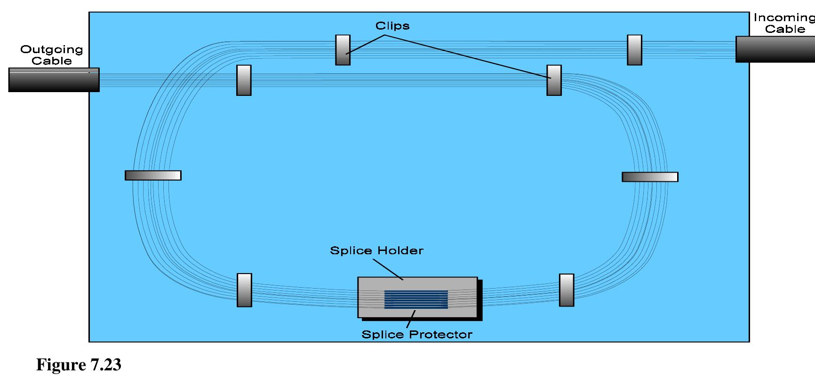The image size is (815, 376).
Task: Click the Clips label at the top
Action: click(x=392, y=26)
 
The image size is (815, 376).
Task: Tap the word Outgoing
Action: click(x=51, y=49)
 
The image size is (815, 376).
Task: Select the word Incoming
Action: click(x=783, y=18)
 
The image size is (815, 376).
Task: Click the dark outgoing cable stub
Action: click(x=54, y=79)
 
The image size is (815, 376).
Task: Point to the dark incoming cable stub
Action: click(x=775, y=49)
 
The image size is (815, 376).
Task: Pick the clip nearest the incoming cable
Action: click(x=634, y=50)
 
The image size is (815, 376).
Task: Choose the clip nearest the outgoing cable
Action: click(x=244, y=80)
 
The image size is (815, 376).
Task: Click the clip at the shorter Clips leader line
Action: click(x=343, y=50)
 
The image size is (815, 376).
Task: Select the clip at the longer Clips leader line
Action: click(x=554, y=80)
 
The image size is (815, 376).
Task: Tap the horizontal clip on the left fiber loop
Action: click(x=153, y=175)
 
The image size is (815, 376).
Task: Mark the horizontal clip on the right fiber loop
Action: click(x=650, y=177)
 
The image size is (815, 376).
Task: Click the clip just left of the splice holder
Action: click(x=244, y=290)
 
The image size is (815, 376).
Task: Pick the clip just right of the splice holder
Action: click(x=567, y=290)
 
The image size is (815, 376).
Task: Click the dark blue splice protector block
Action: click(x=416, y=299)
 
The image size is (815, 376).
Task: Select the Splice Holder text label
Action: click(x=376, y=251)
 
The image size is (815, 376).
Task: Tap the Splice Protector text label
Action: click(x=416, y=335)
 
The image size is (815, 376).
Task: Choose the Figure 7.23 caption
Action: click(x=79, y=365)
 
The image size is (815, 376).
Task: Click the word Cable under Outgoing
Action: click(x=51, y=61)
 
